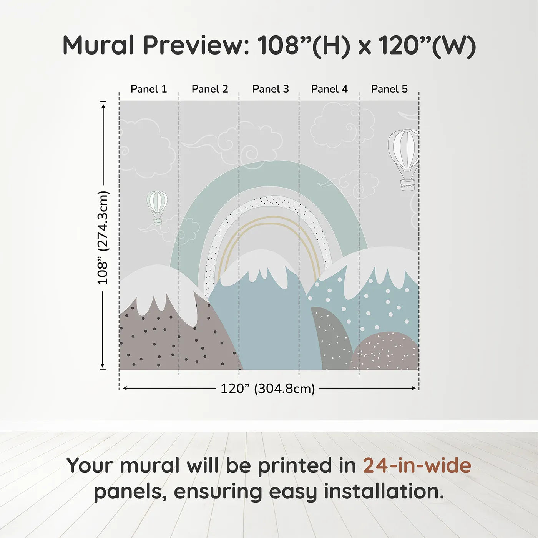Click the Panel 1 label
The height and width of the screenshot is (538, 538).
point(149,89)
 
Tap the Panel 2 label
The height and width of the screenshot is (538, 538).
point(210,89)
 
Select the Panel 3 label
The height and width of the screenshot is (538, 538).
point(271,89)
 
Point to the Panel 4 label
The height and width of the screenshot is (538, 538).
point(329,89)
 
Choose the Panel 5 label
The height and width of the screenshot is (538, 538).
point(389,89)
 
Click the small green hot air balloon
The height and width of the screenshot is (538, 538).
point(157,208)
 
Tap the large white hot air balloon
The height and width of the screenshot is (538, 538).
point(404,159)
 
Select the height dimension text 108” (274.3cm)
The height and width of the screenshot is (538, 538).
point(103,237)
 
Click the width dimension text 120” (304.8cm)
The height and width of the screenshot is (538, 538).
point(268,389)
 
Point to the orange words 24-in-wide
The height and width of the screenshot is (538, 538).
point(417,465)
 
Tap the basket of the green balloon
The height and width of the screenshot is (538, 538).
point(158,222)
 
